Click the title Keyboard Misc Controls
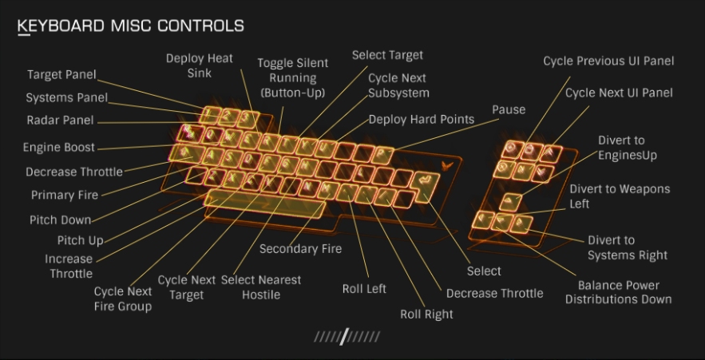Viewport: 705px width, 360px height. click(x=131, y=26)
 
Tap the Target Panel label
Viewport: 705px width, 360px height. click(x=61, y=75)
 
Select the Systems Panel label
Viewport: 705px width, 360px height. click(x=66, y=98)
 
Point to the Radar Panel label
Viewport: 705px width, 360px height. click(x=60, y=121)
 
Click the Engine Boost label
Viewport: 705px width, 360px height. click(x=58, y=148)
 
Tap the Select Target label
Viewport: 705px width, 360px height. click(x=387, y=56)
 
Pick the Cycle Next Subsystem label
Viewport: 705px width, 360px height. click(x=397, y=85)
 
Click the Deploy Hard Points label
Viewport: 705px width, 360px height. click(x=421, y=120)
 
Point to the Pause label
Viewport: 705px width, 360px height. click(x=508, y=109)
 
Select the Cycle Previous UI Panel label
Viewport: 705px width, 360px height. click(x=608, y=61)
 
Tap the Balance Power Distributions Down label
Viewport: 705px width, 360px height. click(x=618, y=292)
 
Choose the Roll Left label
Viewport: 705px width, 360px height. click(x=364, y=288)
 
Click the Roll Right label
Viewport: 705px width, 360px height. click(x=426, y=314)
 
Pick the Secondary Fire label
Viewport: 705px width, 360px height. click(x=300, y=249)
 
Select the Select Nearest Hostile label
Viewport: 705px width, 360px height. click(x=261, y=287)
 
